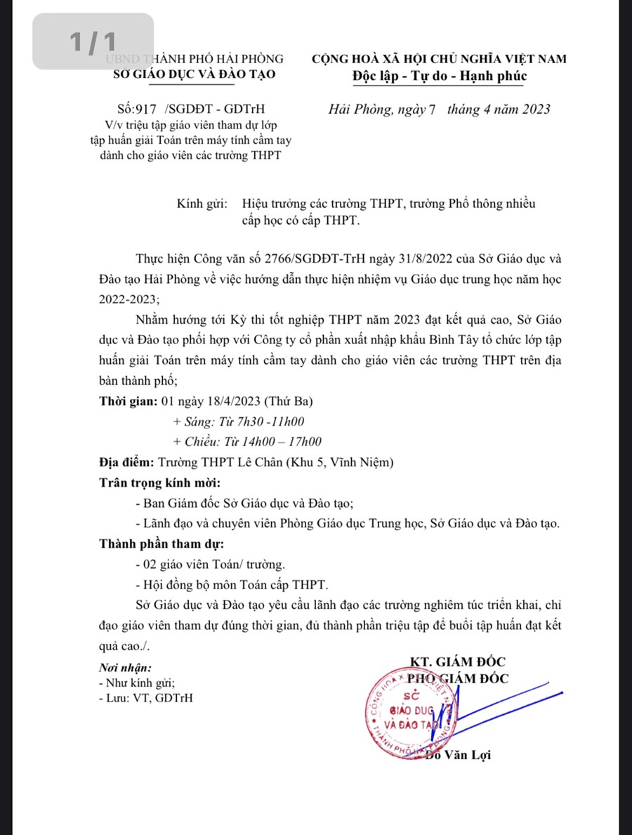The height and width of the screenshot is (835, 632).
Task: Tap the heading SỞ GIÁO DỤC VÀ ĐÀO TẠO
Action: point(195,74)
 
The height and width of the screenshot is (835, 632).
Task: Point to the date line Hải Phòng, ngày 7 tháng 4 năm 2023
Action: point(439,110)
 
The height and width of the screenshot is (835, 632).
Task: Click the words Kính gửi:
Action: point(202,204)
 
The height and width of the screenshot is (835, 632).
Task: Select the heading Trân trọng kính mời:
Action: point(159,484)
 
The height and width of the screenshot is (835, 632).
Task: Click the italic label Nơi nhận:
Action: point(124,668)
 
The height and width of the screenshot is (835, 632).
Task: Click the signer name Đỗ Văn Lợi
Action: point(458,756)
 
